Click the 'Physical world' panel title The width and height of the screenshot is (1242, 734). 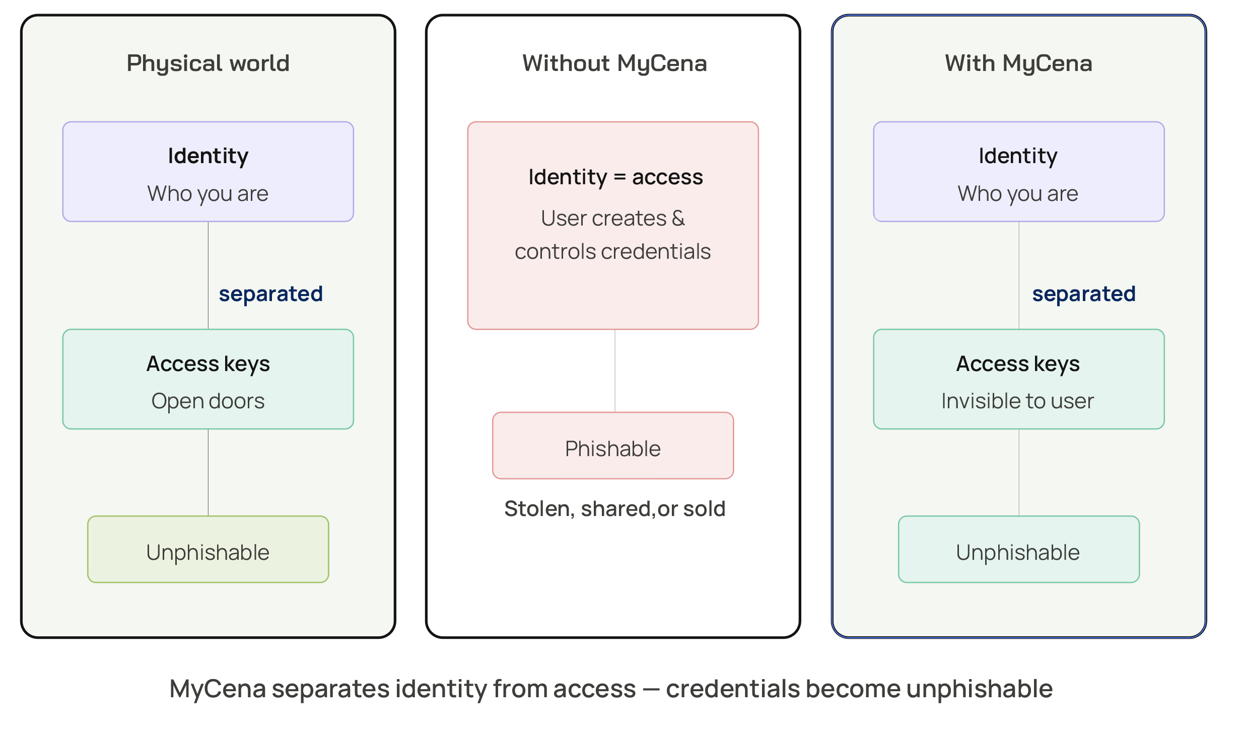pyautogui.click(x=208, y=63)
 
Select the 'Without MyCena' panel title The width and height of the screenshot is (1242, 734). pyautogui.click(x=614, y=63)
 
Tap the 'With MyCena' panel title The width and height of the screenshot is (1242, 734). pyautogui.click(x=1018, y=63)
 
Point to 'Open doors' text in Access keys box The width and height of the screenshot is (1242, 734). pyautogui.click(x=208, y=401)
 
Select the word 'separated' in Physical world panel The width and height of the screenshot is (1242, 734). pyautogui.click(x=270, y=293)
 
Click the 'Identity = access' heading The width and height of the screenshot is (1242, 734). pyautogui.click(x=615, y=177)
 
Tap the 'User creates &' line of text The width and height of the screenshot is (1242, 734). pyautogui.click(x=612, y=218)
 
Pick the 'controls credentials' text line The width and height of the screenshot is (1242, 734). pyautogui.click(x=612, y=252)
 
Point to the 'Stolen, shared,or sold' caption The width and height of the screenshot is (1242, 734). pyautogui.click(x=614, y=509)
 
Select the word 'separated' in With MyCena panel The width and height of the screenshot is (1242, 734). pyautogui.click(x=1083, y=293)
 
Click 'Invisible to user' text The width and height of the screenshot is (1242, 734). pyautogui.click(x=1017, y=401)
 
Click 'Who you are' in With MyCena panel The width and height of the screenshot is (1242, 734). pyautogui.click(x=1017, y=194)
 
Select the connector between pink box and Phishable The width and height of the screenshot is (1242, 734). pyautogui.click(x=615, y=371)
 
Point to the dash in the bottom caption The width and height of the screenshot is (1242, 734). pyautogui.click(x=651, y=689)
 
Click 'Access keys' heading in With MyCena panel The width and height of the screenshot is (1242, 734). pyautogui.click(x=1017, y=363)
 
